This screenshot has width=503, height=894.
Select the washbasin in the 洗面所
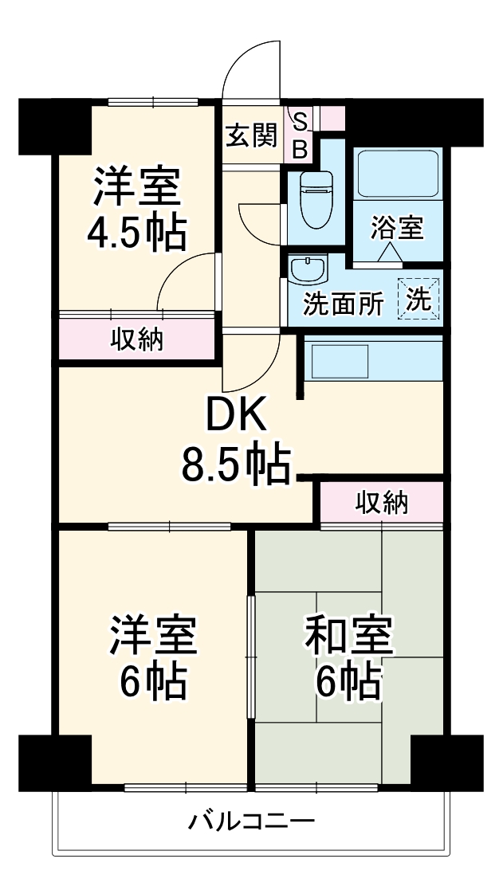coord(307,269)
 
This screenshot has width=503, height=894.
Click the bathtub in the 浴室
coord(398,172)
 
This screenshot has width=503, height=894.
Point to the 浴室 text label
coord(397,228)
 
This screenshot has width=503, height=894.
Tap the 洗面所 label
coord(344,306)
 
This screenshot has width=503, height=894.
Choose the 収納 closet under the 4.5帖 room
coord(136,339)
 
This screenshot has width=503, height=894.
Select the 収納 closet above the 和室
coord(382,503)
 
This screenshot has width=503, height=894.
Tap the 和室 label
coord(349,635)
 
